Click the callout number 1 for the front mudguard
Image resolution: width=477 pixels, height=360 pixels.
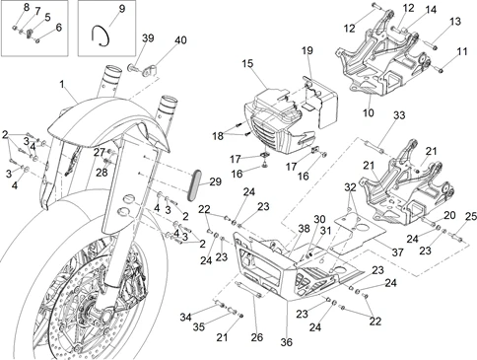62,84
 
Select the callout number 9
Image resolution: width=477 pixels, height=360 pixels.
122,9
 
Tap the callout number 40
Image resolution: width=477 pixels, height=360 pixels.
180,40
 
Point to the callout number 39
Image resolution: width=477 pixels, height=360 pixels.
148,37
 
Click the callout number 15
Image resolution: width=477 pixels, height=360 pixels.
248,63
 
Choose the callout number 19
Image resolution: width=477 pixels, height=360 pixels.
307,50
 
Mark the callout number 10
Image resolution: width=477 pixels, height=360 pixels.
369,112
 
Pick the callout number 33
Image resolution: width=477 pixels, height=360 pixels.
399,115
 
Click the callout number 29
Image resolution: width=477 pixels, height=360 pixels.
215,181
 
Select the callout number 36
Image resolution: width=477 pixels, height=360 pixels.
287,342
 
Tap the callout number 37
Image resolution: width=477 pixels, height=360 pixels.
397,252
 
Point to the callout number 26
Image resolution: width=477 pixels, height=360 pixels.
257,337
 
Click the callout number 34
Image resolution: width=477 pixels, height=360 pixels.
186,318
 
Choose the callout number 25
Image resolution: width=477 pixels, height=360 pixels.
470,216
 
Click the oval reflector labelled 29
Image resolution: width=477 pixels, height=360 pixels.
194,185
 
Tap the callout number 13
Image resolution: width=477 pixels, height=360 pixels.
455,22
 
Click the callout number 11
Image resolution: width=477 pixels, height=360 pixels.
462,51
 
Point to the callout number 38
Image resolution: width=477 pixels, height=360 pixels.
305,229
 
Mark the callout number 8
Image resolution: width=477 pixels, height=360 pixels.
27,7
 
